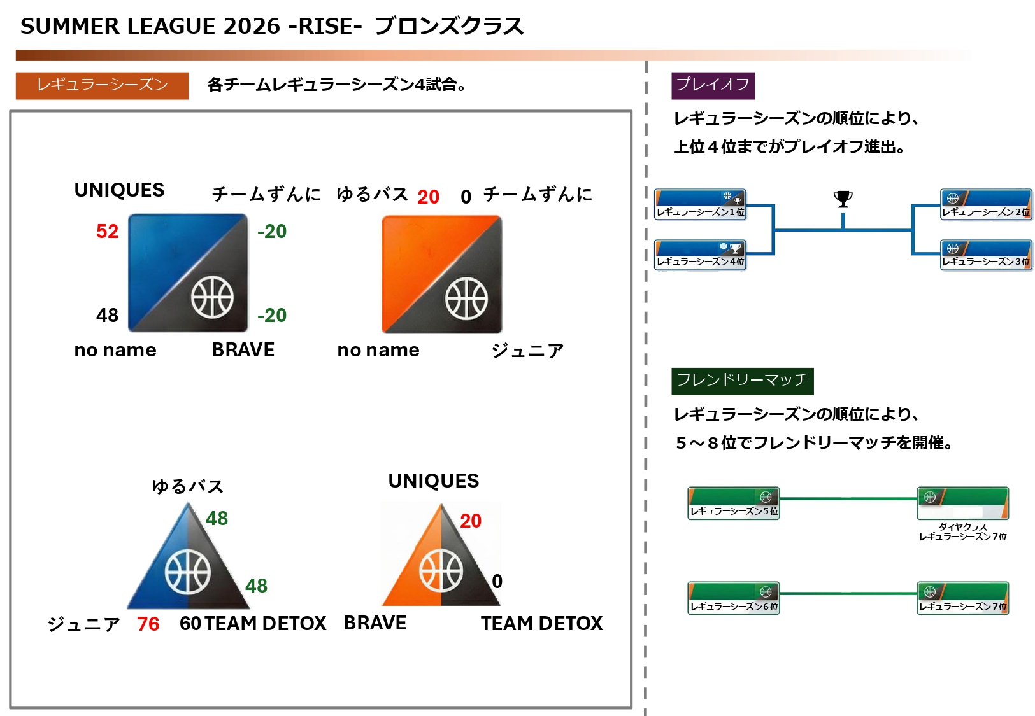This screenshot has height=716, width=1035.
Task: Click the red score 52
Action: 107,231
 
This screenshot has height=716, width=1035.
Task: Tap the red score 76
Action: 148,624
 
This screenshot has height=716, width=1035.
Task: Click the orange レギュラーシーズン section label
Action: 102,85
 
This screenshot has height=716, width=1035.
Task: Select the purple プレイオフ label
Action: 713,85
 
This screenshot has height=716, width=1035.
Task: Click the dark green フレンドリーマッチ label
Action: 742,381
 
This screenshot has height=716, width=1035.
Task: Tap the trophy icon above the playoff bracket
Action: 843,199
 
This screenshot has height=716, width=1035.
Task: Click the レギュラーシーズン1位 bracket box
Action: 700,204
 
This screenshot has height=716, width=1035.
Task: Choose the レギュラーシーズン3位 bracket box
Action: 986,255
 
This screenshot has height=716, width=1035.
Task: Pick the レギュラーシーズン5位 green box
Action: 734,503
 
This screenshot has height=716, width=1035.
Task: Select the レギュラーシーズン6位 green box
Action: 734,598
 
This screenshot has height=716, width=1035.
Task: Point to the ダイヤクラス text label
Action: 962,527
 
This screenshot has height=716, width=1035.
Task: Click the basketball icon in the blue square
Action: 212,297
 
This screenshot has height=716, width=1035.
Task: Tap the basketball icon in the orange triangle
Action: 441,570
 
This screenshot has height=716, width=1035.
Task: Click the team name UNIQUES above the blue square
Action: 119,190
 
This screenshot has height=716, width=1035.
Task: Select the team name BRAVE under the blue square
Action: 243,350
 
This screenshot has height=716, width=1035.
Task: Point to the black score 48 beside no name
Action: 107,315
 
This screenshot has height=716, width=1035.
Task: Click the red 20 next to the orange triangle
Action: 471,521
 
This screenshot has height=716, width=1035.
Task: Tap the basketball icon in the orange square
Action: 466,298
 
